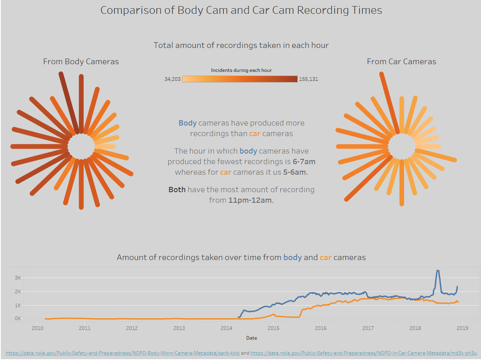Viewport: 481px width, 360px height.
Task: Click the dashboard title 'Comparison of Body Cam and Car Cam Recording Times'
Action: click(241, 10)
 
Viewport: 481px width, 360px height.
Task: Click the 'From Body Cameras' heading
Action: click(81, 61)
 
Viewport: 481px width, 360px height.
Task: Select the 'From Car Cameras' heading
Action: click(401, 61)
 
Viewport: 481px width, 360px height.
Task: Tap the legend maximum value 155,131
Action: click(308, 79)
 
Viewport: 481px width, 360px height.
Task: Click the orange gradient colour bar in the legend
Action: click(240, 79)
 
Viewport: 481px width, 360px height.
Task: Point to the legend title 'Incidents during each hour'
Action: click(241, 70)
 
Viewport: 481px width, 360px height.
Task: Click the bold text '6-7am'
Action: click(304, 161)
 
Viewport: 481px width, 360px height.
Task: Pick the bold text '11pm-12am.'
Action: click(251, 200)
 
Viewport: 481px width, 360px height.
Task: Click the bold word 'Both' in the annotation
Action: click(177, 189)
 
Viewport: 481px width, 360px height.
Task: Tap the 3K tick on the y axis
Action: click(17, 278)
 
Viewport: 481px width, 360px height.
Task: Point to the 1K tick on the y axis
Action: click(17, 305)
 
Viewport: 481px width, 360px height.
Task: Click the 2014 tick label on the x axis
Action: click(226, 328)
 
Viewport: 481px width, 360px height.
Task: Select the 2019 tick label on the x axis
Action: click(462, 328)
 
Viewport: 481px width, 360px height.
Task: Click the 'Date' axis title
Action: click(251, 338)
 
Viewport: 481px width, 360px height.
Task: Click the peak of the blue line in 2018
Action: click(438, 271)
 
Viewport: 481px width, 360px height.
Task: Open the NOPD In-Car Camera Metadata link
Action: click(363, 353)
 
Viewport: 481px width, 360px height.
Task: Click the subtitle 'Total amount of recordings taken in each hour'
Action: click(241, 45)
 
